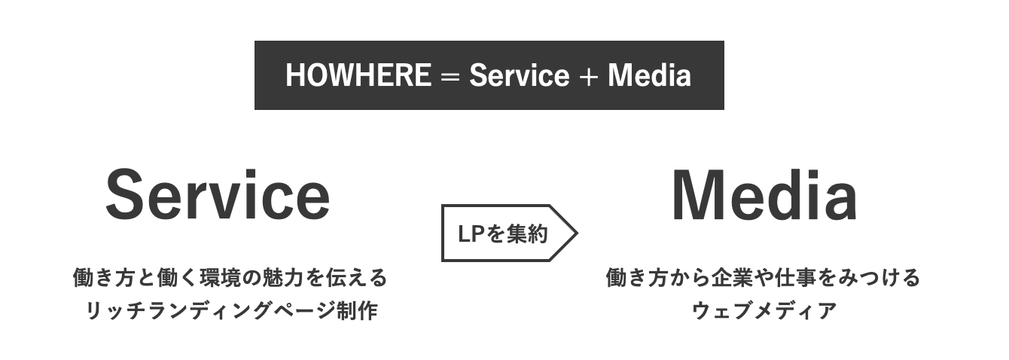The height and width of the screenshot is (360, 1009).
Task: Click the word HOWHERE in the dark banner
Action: tap(358, 75)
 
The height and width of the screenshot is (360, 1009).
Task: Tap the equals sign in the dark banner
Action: tap(450, 76)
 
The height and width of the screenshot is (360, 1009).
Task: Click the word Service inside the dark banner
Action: tap(518, 75)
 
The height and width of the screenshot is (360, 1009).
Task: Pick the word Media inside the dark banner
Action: tap(649, 75)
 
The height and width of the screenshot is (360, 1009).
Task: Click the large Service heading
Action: tap(218, 195)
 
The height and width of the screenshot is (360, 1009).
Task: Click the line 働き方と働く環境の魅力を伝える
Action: tap(230, 278)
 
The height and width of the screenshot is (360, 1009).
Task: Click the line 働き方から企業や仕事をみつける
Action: tap(764, 278)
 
